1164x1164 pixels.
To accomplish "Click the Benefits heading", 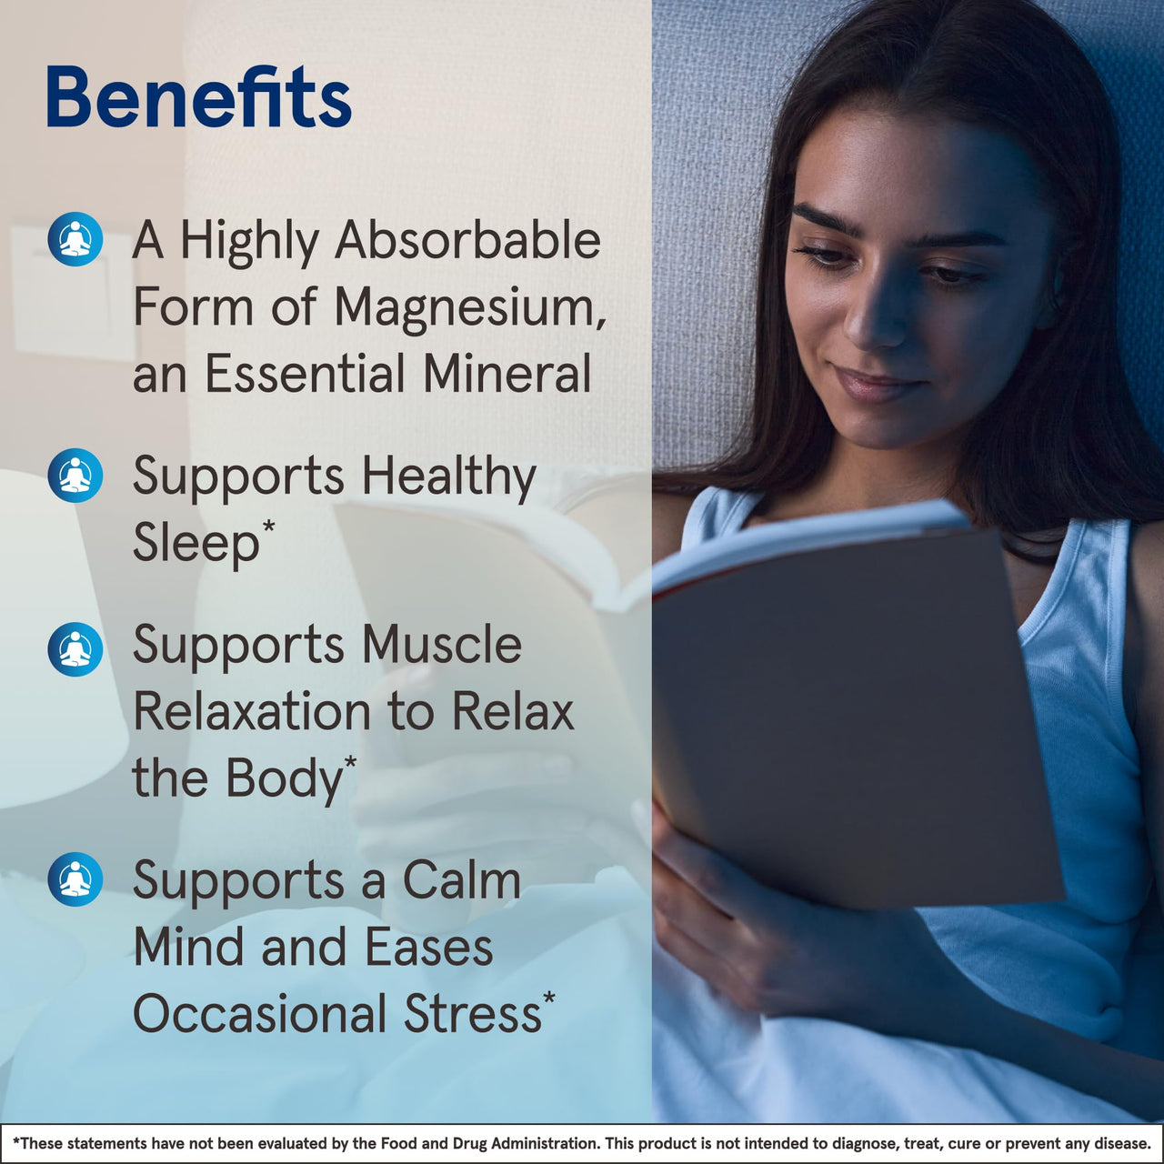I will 198,96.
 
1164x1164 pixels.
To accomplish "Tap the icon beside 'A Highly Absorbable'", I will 75,239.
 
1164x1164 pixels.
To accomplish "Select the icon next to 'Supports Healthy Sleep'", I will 75,476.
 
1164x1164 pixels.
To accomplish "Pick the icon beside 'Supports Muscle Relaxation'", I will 75,649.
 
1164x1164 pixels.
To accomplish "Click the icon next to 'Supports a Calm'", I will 75,879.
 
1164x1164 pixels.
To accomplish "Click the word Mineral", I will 507,374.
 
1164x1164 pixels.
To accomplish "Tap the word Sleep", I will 196,544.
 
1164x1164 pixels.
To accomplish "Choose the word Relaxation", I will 252,711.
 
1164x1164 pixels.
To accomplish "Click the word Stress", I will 472,1014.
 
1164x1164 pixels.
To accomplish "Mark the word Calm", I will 461,880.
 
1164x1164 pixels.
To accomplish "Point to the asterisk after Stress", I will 548,998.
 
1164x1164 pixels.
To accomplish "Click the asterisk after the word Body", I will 350,762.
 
